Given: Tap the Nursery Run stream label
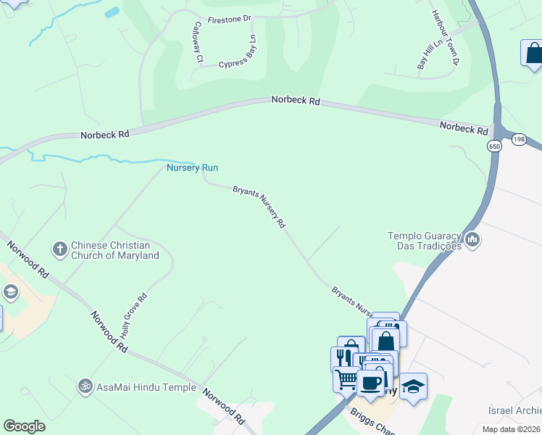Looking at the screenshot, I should pos(192,167).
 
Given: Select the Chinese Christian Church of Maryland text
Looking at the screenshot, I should pos(114,250).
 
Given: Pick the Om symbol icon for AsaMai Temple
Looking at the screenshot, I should pos(84,387).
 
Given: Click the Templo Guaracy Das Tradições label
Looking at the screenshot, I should pos(424,241).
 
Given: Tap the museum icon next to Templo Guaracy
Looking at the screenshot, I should pos(472,239).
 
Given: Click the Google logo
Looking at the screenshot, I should pos(25,426).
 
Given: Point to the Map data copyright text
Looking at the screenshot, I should pos(512,429).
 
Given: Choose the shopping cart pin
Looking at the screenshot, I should pos(346,378).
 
